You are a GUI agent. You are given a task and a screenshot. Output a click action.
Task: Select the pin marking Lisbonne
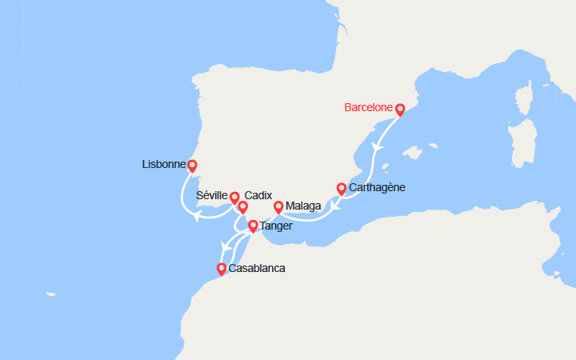[192, 166]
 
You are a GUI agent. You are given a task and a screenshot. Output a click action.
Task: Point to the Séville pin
[234, 197]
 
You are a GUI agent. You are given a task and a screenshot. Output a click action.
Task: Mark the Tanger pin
[253, 226]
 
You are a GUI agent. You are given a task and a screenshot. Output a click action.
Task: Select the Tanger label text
[275, 226]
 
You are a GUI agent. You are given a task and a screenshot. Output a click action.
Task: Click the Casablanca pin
[222, 270]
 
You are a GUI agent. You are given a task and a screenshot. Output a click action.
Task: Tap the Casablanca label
[256, 269]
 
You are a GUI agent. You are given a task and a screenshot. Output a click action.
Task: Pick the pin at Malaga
[278, 207]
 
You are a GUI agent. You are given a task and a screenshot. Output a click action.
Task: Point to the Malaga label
[303, 206]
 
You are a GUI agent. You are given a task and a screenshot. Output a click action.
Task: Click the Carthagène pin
[342, 189]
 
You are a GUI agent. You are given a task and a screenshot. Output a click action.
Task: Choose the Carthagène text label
[378, 188]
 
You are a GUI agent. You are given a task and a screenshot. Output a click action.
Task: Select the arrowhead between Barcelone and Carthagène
[376, 148]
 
